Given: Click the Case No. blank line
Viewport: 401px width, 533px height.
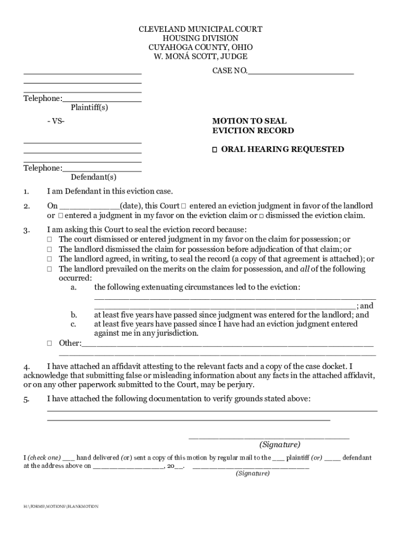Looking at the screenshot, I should [300, 73].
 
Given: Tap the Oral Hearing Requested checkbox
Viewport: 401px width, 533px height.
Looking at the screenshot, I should [214, 150].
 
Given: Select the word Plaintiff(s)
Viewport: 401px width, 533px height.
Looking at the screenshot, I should [90, 107].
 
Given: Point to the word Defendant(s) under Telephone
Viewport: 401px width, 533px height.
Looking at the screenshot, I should [90, 177].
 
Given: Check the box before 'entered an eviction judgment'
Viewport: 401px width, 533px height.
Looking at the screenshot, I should [184, 206].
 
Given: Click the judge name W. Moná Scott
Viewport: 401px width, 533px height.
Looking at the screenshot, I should [200, 56].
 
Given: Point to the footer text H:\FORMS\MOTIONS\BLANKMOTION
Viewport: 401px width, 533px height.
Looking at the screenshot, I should [60, 506].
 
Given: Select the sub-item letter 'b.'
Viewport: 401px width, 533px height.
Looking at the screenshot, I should [74, 315].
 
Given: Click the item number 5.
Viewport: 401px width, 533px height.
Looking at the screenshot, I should [27, 399].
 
